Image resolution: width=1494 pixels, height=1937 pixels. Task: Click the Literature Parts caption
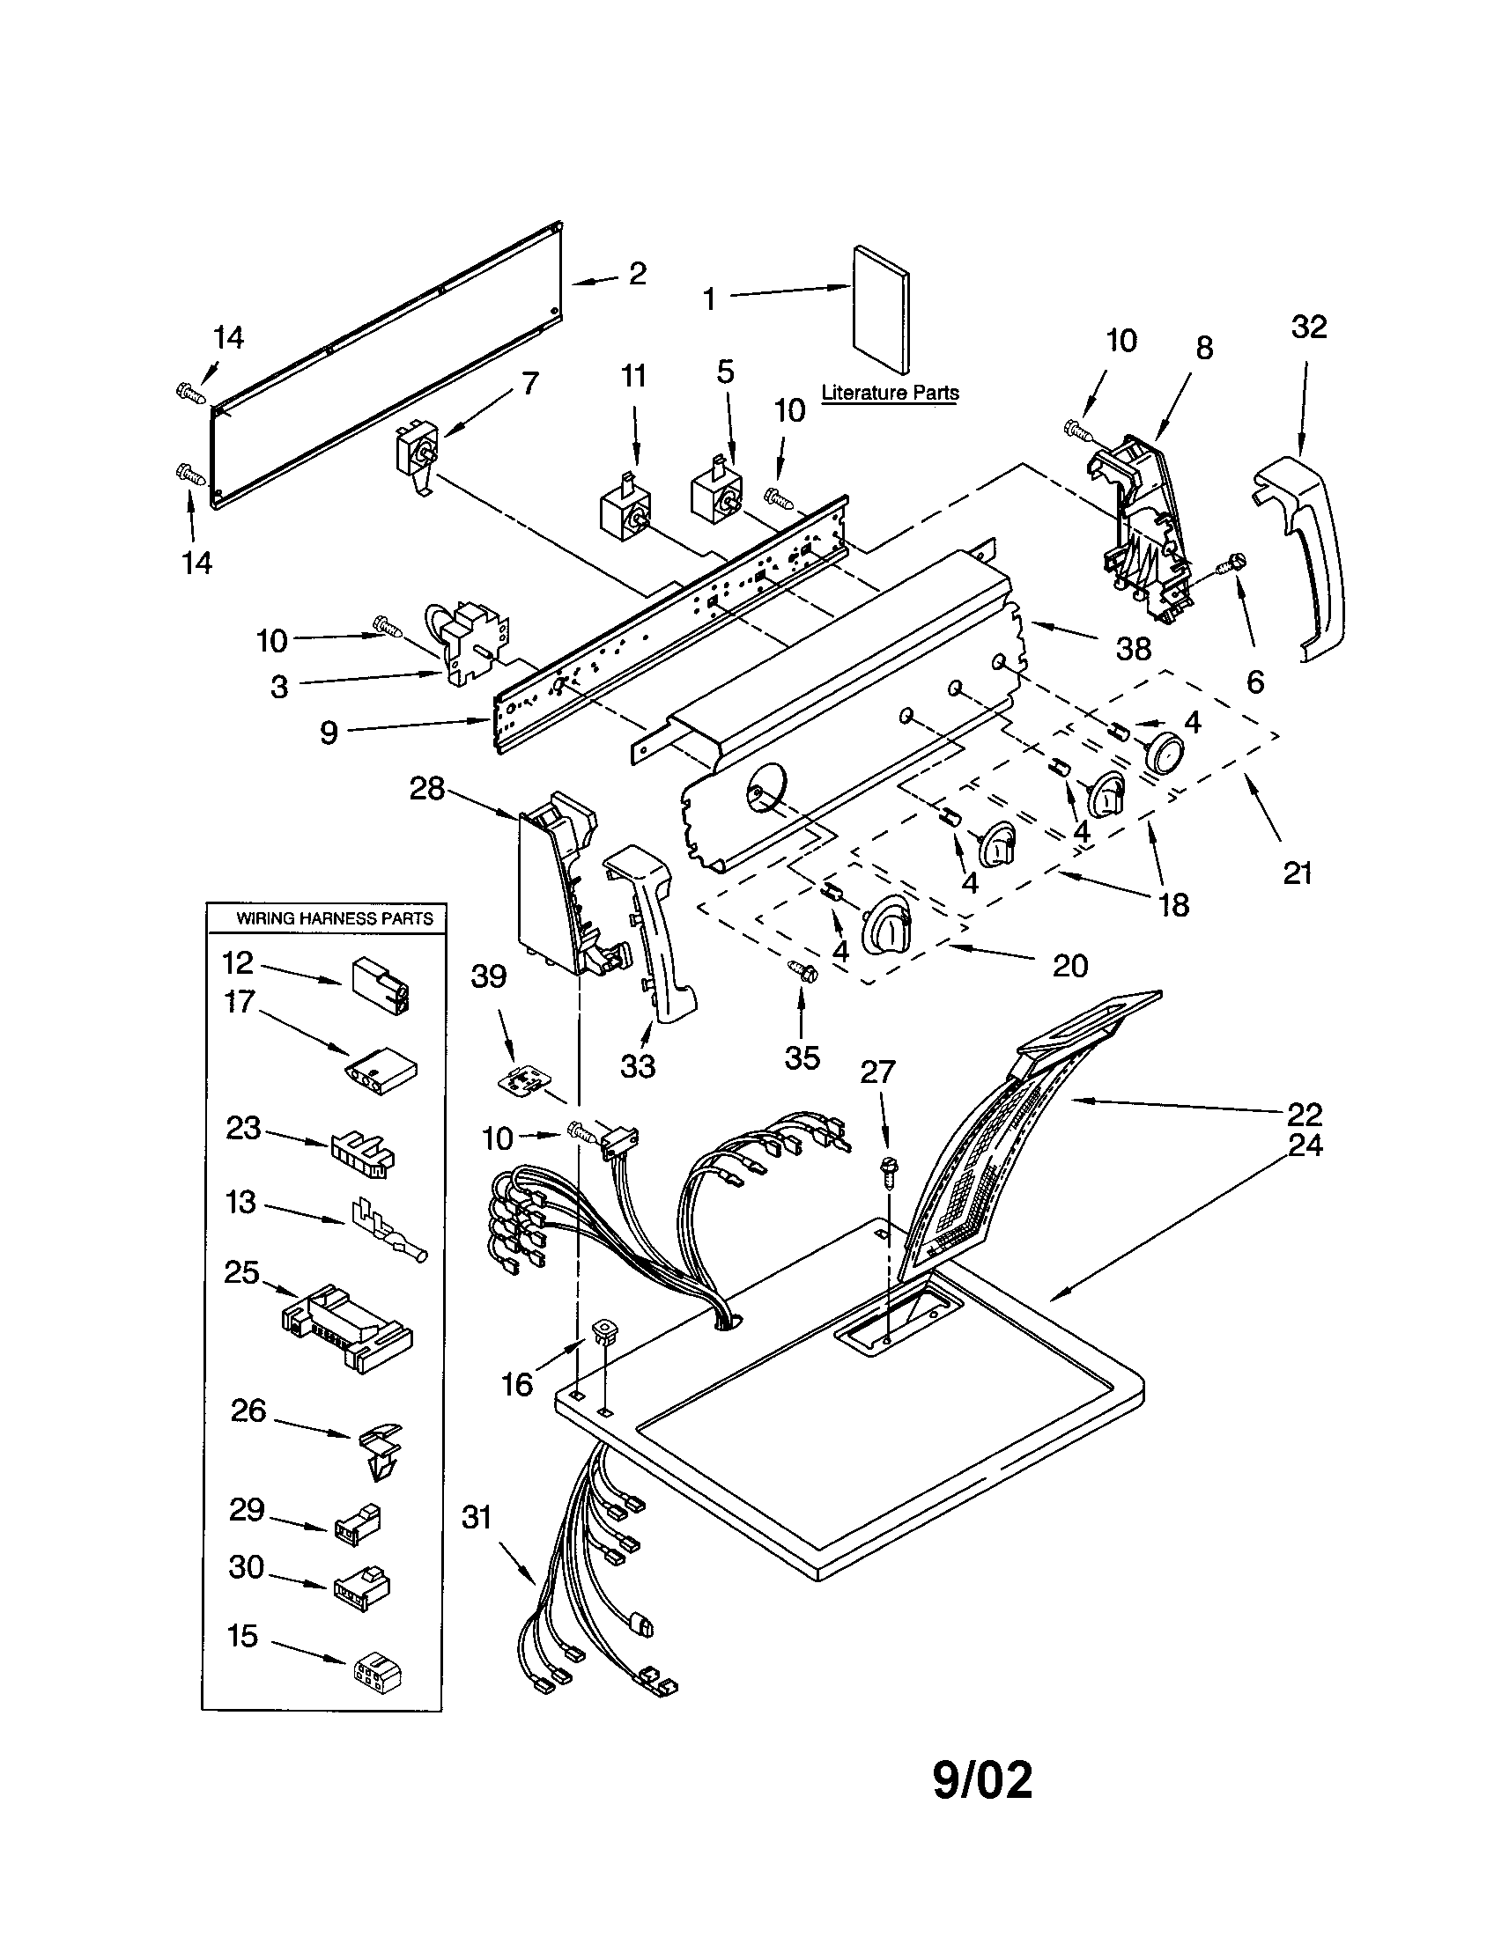tap(889, 392)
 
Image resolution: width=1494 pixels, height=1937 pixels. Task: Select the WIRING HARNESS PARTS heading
tap(335, 919)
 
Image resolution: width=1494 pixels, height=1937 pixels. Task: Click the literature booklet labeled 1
tap(880, 311)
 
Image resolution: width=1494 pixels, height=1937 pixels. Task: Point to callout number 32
tap(1309, 327)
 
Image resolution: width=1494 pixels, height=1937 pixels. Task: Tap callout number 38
tap(1133, 648)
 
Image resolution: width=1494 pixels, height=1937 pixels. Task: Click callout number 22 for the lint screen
tap(1304, 1113)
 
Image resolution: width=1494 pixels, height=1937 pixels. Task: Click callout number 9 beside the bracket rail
tap(329, 732)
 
